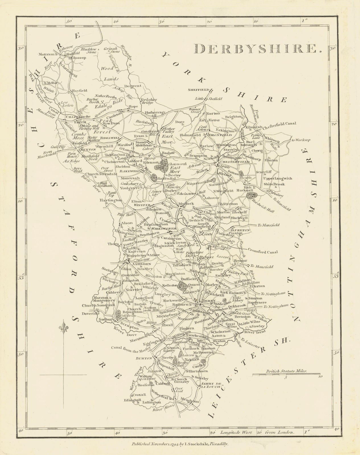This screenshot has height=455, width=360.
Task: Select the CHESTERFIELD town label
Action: click(237, 162)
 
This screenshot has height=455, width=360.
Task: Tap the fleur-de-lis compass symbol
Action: click(63, 330)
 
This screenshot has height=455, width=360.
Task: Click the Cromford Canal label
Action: click(263, 252)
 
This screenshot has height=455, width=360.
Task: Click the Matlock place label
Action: click(186, 204)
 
